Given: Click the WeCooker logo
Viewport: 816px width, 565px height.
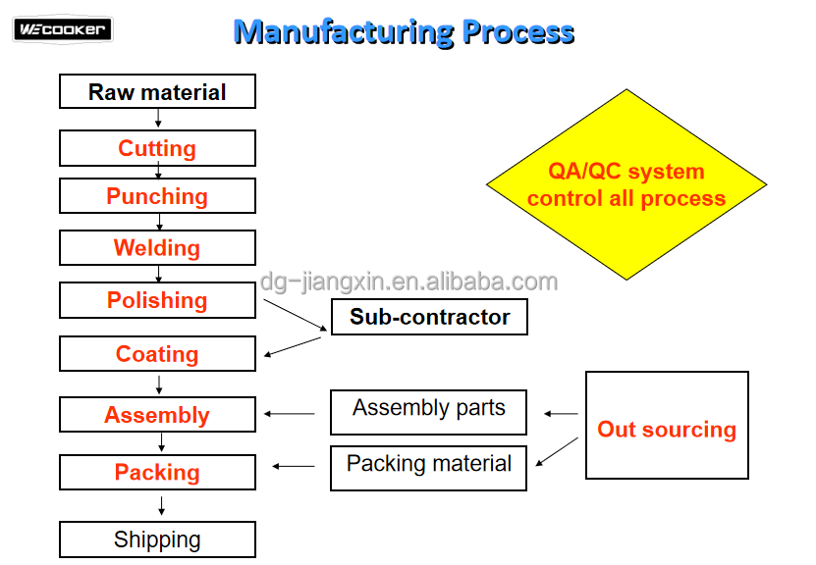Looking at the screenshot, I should click(x=63, y=29).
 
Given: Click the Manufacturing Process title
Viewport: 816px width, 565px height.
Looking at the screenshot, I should click(x=404, y=31).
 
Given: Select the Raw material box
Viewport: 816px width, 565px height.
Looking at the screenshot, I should click(x=157, y=92).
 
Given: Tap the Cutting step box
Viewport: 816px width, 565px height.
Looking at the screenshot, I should click(x=157, y=148).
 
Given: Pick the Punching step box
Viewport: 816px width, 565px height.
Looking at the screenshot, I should click(x=157, y=196).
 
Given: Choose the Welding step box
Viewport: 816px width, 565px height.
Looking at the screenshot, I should click(x=157, y=248).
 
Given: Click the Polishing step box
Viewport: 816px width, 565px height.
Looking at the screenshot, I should click(x=157, y=300).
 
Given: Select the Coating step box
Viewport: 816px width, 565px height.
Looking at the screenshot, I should click(x=157, y=354).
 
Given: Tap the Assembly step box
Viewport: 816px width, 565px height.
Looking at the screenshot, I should click(x=157, y=415).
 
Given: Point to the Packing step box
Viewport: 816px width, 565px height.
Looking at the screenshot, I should click(x=157, y=473).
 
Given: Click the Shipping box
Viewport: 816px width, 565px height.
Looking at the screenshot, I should click(x=157, y=539).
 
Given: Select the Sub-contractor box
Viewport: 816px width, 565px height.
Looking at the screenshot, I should click(x=429, y=317).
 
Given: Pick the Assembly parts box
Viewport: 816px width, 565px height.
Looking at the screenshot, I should click(x=428, y=412).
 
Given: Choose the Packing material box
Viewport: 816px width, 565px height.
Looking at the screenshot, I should click(x=428, y=468).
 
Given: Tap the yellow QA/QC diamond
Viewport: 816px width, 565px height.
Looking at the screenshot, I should click(x=626, y=184).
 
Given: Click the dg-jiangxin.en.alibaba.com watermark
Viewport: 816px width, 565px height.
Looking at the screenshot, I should click(x=408, y=282).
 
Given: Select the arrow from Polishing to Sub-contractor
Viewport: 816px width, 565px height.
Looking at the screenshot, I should click(x=295, y=314).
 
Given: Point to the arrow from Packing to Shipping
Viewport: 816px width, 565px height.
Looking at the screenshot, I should click(x=161, y=506).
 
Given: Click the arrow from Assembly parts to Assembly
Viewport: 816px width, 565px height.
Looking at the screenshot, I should click(x=290, y=414).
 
